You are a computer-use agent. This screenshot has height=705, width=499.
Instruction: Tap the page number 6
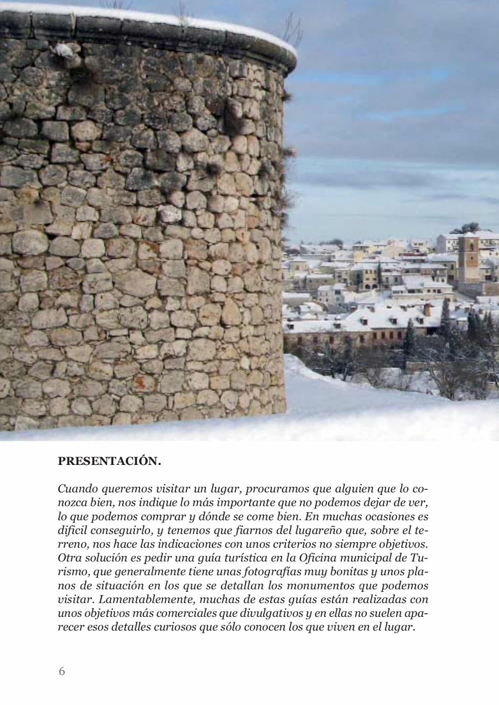(x=62, y=672)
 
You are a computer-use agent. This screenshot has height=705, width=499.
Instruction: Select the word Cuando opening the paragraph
(x=77, y=489)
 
